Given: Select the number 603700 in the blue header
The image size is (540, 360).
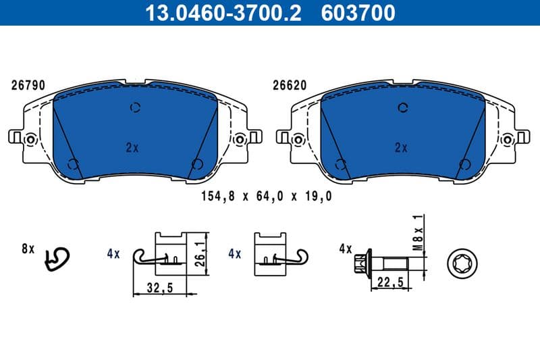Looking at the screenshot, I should pyautogui.click(x=362, y=12).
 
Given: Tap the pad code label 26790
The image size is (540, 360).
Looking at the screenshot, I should pyautogui.click(x=28, y=86).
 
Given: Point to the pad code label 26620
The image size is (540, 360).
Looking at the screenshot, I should pyautogui.click(x=289, y=86).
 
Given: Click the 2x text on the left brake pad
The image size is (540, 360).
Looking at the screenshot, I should pyautogui.click(x=132, y=147).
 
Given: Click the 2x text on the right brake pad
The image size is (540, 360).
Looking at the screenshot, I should pyautogui.click(x=402, y=147).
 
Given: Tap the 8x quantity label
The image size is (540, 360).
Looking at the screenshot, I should pyautogui.click(x=28, y=249).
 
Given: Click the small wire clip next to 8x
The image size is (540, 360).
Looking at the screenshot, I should pyautogui.click(x=57, y=258).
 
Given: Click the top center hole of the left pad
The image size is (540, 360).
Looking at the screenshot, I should pyautogui.click(x=135, y=107).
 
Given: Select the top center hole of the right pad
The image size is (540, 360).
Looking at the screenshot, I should pyautogui.click(x=404, y=107).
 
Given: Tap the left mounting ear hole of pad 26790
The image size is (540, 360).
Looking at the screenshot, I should pyautogui.click(x=29, y=139).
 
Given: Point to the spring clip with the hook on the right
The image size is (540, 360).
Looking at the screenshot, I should pyautogui.click(x=278, y=254).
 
